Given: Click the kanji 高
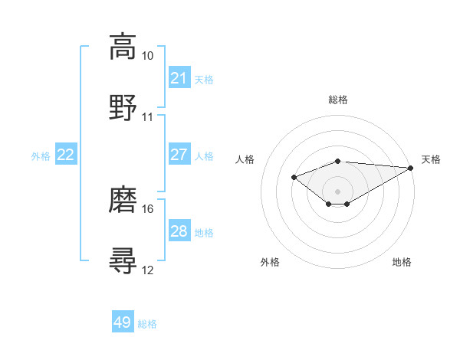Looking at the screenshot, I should [x=123, y=47].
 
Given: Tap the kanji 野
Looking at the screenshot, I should [x=123, y=107].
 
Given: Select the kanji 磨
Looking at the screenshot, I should [x=123, y=199].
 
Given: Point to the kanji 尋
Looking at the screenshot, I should [x=123, y=260].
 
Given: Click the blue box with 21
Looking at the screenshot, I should [x=179, y=77].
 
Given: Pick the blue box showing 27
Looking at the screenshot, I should [x=179, y=155].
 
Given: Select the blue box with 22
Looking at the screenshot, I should [x=66, y=155].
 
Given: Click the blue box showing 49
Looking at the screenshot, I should [x=123, y=322].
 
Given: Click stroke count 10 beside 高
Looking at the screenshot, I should [x=147, y=56].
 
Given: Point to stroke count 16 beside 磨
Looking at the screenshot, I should [x=147, y=208].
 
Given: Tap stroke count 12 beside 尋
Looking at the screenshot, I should [x=147, y=269].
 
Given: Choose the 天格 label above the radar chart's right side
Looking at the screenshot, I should [x=431, y=159].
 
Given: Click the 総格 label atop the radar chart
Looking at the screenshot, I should [x=338, y=100].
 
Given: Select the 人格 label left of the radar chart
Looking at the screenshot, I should [x=245, y=159].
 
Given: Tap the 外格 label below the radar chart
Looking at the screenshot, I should [x=270, y=262].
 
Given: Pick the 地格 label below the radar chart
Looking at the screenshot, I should [x=402, y=262].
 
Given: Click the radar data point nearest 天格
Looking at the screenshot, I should [x=411, y=168].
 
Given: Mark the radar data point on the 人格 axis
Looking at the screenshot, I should [x=294, y=177].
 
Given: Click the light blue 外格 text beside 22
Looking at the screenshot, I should [x=41, y=155].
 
